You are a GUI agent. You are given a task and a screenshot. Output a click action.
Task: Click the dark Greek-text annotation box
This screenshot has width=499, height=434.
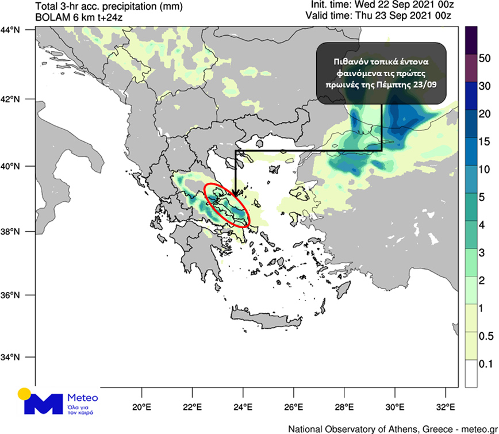[381, 73]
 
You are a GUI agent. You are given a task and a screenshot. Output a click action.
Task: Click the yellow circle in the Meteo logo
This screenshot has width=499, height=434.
[24, 394]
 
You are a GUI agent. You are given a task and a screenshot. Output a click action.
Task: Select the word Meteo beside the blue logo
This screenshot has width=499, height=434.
[83, 398]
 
